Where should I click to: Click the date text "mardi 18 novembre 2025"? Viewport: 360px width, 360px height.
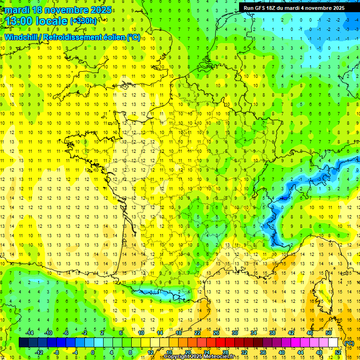(x=58, y=10)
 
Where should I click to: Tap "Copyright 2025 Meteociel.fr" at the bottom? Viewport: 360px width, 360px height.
(x=199, y=357)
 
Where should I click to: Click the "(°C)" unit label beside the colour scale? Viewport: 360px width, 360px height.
(x=349, y=343)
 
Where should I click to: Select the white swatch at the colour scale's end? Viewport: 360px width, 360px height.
(x=333, y=343)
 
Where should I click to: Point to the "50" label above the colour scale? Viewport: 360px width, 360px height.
(x=328, y=333)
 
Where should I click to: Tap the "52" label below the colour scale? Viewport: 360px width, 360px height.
(x=337, y=352)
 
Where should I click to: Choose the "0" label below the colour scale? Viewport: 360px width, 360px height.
(x=93, y=352)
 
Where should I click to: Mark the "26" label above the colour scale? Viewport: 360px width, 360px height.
(x=216, y=333)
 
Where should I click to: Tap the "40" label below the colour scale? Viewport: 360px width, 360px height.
(x=281, y=352)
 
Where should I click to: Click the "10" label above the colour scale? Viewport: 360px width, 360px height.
(x=141, y=333)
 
